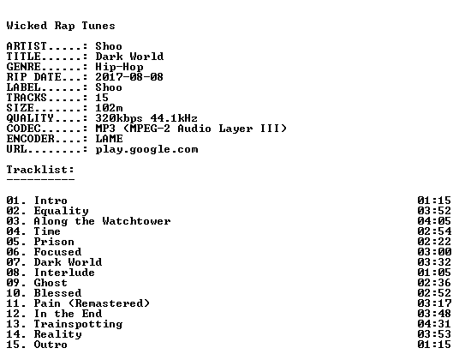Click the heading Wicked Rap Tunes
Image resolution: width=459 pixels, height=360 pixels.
point(61,26)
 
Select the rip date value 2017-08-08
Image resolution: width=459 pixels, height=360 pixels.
point(129,77)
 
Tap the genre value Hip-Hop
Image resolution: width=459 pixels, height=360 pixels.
point(119,67)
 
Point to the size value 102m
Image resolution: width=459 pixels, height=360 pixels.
point(109,108)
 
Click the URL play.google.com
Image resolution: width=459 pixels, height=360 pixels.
point(146,149)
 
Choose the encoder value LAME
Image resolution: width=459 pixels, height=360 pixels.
point(109,139)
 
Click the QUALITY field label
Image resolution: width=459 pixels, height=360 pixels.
point(30,118)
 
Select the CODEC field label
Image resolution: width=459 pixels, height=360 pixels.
point(23,129)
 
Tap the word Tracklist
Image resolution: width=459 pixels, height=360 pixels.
point(39,170)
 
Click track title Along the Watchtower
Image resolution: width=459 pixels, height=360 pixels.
point(102,221)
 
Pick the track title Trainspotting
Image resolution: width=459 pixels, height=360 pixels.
point(78,324)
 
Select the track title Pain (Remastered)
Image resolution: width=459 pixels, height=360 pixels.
point(92,303)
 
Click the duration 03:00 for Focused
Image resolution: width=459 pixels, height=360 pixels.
point(434,252)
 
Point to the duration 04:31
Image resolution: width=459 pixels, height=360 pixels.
point(434,324)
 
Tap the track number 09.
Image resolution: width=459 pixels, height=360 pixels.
point(13,283)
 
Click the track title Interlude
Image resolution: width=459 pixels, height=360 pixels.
point(64,273)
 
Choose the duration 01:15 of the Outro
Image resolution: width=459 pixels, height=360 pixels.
point(434,345)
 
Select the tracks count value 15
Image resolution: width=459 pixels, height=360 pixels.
point(102,98)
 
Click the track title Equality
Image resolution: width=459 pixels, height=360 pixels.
point(61,211)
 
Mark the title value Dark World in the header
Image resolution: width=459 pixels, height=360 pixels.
point(129,57)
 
